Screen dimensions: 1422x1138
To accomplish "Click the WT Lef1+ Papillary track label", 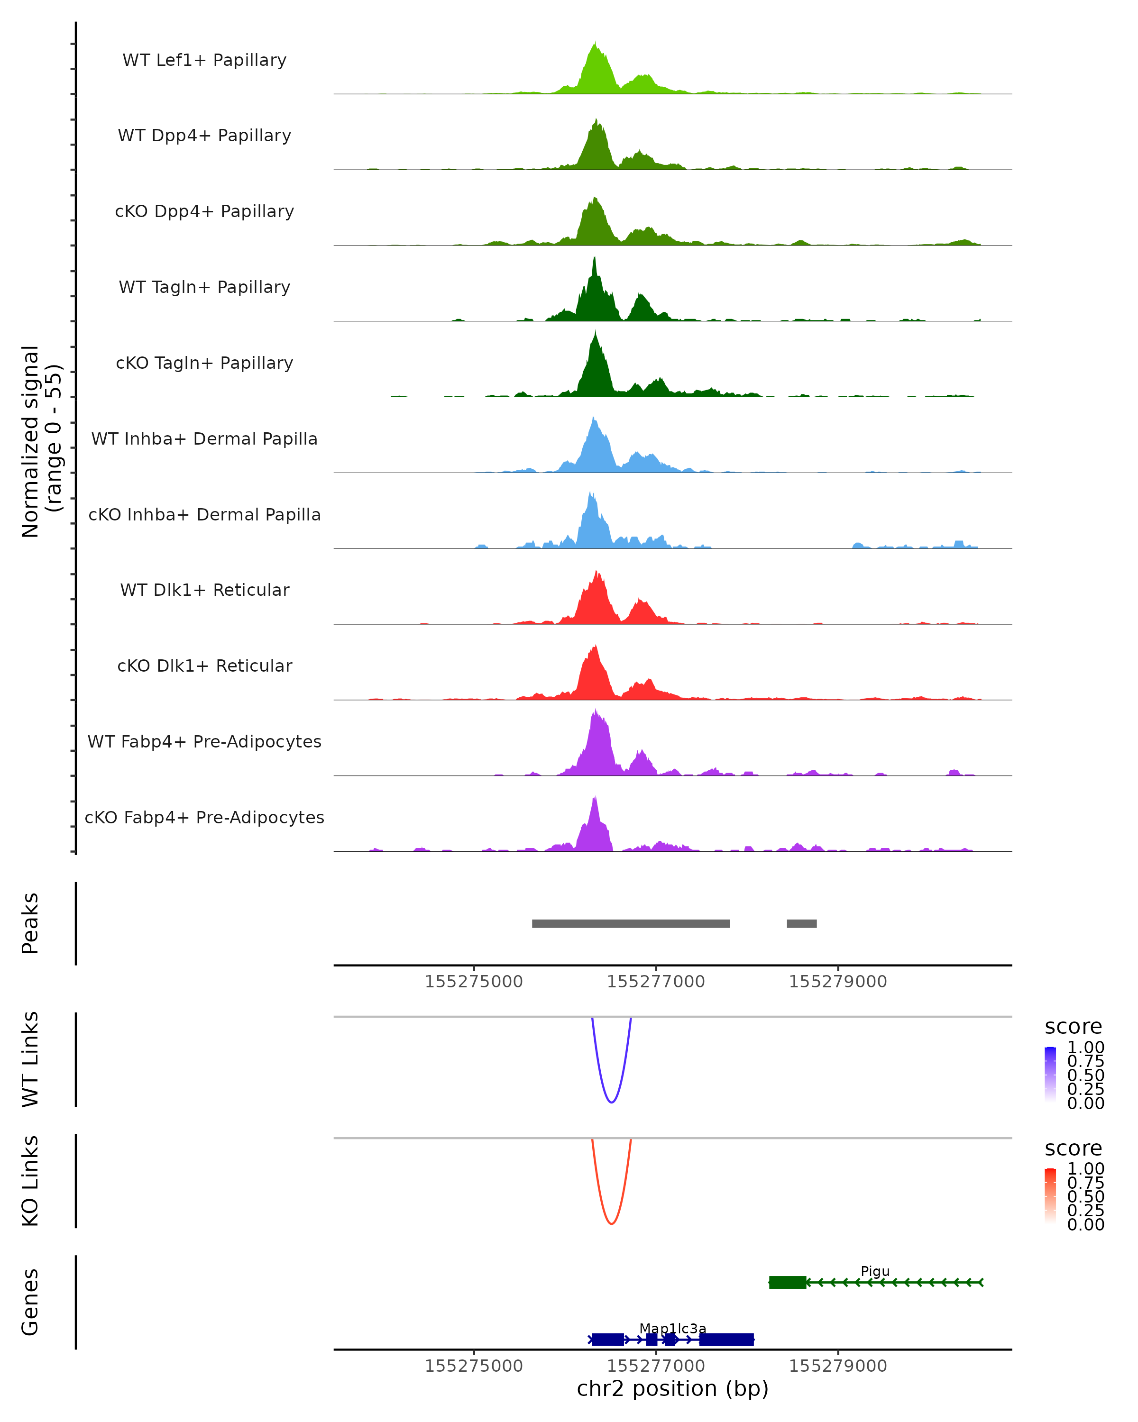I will [204, 60].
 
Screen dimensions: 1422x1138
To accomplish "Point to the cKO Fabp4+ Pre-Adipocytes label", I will [204, 817].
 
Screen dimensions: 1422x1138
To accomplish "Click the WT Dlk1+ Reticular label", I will [204, 590].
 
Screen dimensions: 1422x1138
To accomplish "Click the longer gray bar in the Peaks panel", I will [631, 923].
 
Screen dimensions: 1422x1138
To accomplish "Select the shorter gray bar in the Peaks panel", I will [801, 923].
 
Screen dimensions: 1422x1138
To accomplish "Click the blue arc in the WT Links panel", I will [612, 1102].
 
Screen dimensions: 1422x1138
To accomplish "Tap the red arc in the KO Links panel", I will [612, 1223].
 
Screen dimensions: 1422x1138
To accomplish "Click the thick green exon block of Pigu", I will [787, 1282].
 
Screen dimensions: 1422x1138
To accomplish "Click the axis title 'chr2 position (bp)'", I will [672, 1388].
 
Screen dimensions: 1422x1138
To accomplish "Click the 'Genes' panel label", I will [30, 1302].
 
